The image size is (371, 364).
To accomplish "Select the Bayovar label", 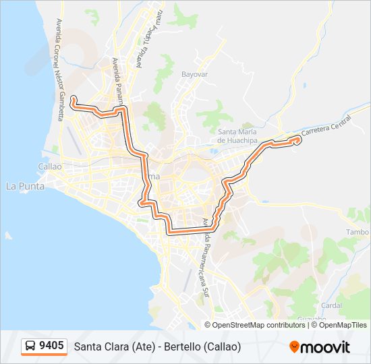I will coord(196,74).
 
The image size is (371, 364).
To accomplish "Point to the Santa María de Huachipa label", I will coord(238,135).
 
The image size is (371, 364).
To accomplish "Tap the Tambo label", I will coord(357,232).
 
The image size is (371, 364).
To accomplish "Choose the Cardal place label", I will coord(332,305).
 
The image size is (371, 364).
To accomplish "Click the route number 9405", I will coord(52,346).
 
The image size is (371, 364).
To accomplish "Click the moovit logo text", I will coord(325,347).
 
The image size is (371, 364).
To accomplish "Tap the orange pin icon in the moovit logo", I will coord(294,346).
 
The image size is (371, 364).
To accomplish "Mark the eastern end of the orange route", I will coord(297,139).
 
